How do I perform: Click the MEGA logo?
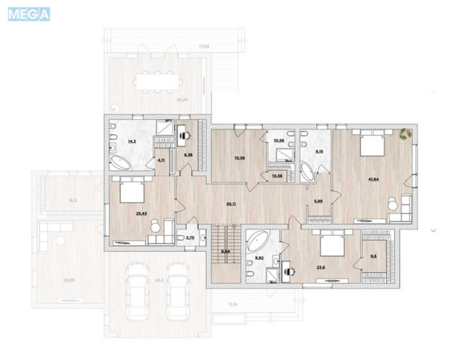(29, 13)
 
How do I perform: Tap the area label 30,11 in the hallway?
(230, 205)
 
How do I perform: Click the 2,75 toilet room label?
(190, 239)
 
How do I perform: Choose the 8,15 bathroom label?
(318, 151)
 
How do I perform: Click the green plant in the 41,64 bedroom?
(405, 135)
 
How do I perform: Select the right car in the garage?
(178, 290)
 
